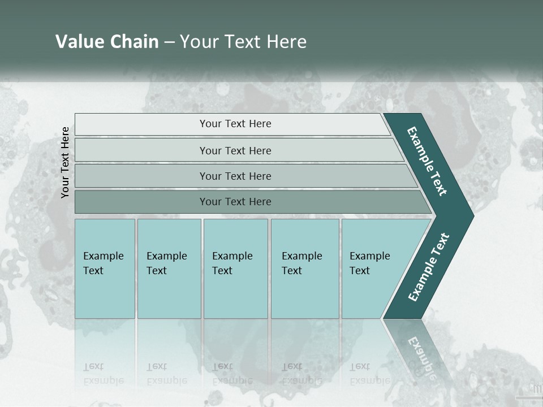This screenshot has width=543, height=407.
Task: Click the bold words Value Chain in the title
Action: (107, 41)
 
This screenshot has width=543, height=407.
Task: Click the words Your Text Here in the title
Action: (243, 41)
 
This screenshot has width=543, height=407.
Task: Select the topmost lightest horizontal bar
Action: (232, 124)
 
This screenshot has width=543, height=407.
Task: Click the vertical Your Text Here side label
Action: (65, 162)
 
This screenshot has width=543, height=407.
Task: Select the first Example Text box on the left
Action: (105, 268)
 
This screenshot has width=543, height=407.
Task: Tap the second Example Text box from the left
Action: (169, 268)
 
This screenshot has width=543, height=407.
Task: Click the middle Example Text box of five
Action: (235, 268)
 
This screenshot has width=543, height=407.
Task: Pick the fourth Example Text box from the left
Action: (304, 268)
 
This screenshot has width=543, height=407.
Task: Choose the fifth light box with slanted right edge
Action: (373, 268)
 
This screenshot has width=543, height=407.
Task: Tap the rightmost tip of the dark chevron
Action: (472, 215)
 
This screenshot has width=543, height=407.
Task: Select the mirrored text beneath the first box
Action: (103, 374)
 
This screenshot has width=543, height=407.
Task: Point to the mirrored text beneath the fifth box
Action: (369, 374)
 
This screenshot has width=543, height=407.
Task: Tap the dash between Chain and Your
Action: (169, 42)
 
